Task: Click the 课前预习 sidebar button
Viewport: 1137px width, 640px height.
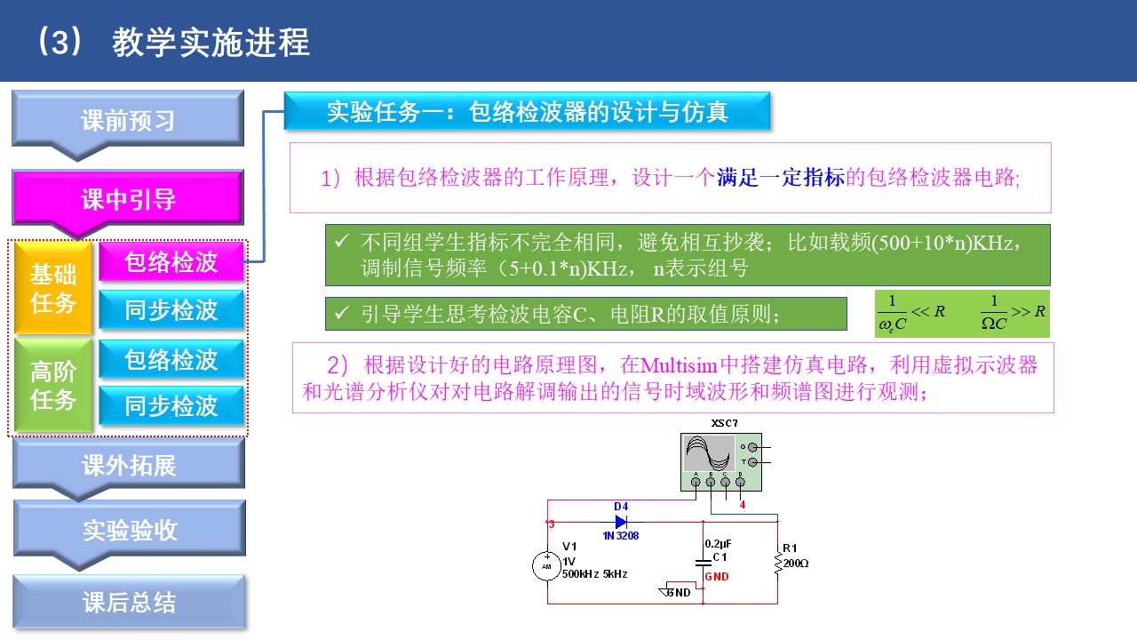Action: pos(128,120)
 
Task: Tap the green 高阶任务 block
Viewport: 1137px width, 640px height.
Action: pos(53,386)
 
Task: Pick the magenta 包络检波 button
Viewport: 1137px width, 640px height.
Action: pos(171,262)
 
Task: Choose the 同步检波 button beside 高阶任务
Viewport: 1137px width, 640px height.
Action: pos(171,406)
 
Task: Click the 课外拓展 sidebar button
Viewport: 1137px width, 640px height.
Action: pos(129,465)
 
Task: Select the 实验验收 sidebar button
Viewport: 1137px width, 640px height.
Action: pos(130,530)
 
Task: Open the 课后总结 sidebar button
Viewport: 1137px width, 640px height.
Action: pos(129,603)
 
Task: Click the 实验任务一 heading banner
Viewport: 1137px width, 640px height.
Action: pos(527,112)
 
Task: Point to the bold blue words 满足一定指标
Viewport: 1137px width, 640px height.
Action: pos(780,178)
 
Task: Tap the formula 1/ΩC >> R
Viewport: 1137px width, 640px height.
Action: pos(1014,313)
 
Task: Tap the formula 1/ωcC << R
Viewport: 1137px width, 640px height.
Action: pos(910,313)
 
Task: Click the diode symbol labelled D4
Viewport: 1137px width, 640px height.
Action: pos(621,521)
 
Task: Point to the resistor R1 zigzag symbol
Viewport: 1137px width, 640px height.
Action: pos(778,562)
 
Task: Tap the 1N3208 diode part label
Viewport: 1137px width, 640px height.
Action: pos(621,536)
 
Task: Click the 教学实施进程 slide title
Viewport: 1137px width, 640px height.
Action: pos(211,42)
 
